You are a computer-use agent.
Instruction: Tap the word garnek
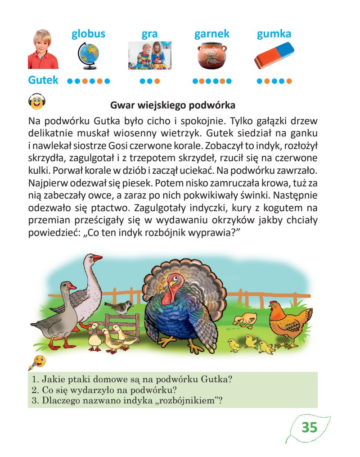tap(211, 34)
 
